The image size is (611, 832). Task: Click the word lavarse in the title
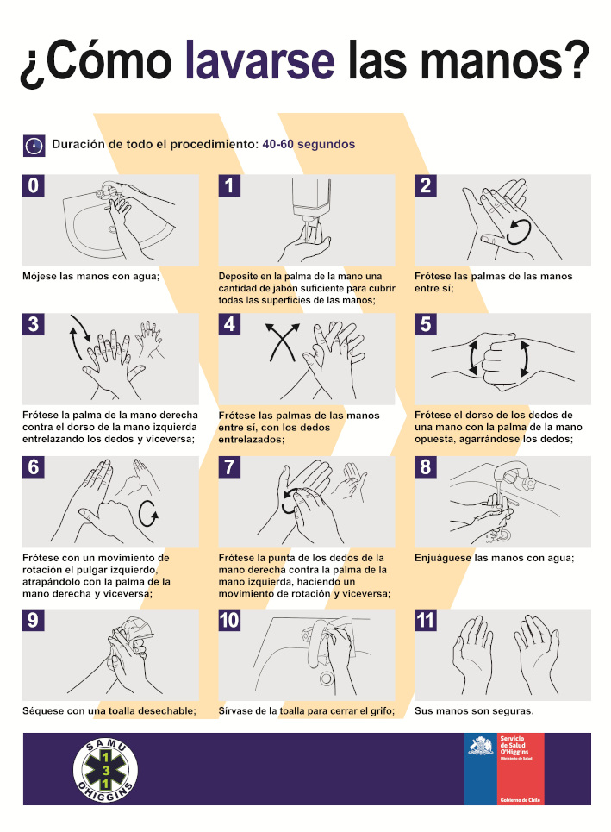(x=260, y=60)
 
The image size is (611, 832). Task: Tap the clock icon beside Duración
(x=34, y=146)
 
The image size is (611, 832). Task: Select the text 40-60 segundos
(x=309, y=144)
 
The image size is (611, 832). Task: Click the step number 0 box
(x=33, y=185)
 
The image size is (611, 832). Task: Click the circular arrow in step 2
(x=518, y=232)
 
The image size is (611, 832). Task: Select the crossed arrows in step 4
(x=282, y=342)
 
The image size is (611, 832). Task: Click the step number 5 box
(x=426, y=324)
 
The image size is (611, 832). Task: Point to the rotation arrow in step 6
(x=148, y=514)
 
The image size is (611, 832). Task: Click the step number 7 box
(x=229, y=467)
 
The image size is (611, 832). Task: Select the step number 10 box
(x=229, y=620)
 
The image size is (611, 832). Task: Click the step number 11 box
(x=426, y=620)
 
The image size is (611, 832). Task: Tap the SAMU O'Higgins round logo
(x=105, y=770)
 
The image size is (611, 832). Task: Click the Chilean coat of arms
(x=481, y=746)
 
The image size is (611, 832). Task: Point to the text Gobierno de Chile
(x=520, y=799)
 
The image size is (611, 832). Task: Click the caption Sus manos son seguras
(x=474, y=711)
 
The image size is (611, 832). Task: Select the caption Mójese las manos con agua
(x=90, y=276)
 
